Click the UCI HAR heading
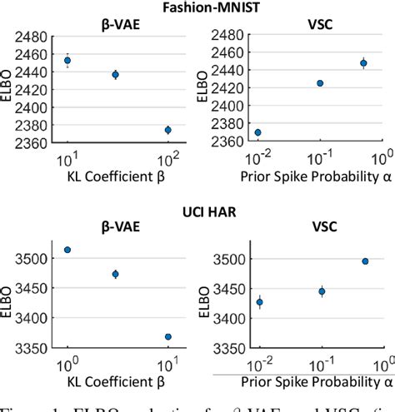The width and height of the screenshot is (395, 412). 198,211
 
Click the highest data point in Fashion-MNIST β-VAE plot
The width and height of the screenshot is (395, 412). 68,61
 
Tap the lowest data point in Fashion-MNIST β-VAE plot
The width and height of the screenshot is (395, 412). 167,130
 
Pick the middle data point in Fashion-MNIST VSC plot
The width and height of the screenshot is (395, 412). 320,83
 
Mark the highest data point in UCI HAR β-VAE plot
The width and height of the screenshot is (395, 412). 67,250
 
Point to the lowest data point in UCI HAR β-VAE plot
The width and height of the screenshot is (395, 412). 167,337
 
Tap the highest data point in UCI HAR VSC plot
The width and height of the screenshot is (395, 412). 364,261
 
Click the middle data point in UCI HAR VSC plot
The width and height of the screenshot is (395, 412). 321,291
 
